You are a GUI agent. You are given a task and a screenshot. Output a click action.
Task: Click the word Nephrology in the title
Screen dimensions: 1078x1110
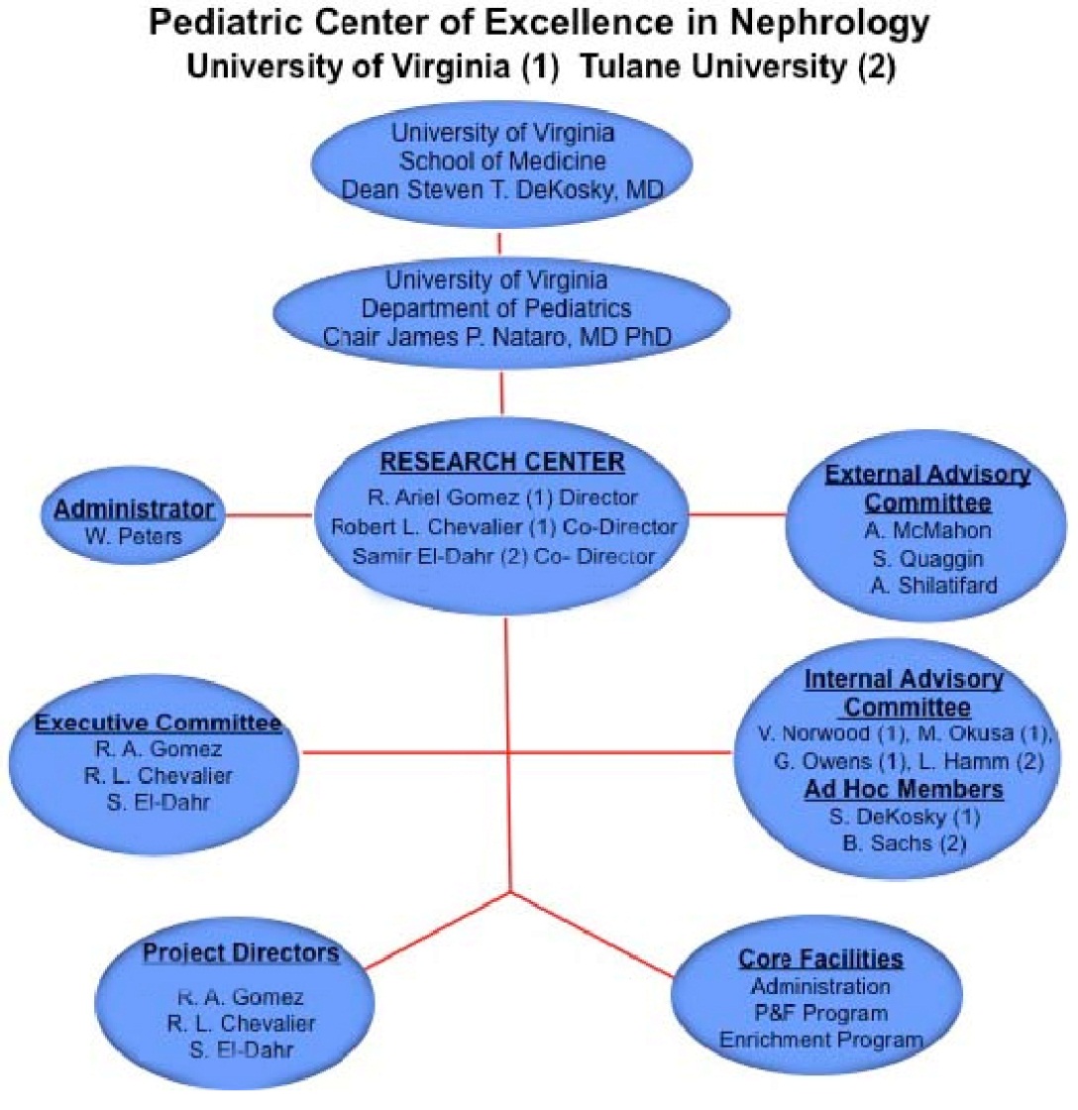pyautogui.click(x=829, y=24)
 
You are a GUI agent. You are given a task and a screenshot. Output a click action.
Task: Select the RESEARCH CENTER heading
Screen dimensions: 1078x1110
pyautogui.click(x=502, y=462)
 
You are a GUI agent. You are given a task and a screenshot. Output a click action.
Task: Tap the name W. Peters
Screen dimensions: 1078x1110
pyautogui.click(x=133, y=536)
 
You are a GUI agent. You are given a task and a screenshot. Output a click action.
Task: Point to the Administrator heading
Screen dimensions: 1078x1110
pyautogui.click(x=134, y=509)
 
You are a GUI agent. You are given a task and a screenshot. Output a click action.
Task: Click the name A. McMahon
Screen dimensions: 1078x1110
pyautogui.click(x=928, y=530)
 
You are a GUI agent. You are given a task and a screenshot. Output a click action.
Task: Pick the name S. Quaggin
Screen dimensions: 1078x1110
pyautogui.click(x=928, y=559)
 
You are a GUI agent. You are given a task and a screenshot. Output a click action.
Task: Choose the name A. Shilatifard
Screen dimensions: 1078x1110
pyautogui.click(x=933, y=586)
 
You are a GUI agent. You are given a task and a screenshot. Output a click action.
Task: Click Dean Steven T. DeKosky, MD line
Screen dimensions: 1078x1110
pyautogui.click(x=502, y=189)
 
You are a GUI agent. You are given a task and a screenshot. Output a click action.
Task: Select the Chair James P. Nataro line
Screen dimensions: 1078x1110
pyautogui.click(x=496, y=336)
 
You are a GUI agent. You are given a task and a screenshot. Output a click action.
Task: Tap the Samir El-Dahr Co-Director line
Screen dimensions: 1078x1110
pyautogui.click(x=503, y=556)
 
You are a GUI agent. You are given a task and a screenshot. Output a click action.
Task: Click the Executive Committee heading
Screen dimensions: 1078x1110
pyautogui.click(x=158, y=722)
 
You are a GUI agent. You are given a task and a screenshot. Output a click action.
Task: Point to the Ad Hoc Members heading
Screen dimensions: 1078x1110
pyautogui.click(x=904, y=789)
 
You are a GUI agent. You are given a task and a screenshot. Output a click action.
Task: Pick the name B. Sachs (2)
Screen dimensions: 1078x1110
pyautogui.click(x=904, y=843)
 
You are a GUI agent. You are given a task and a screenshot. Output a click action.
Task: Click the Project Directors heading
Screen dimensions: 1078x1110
pyautogui.click(x=241, y=952)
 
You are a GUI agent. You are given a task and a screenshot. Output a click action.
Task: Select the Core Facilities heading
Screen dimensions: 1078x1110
pyautogui.click(x=821, y=958)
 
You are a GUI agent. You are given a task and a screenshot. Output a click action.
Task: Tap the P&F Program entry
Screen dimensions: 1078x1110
pyautogui.click(x=821, y=1013)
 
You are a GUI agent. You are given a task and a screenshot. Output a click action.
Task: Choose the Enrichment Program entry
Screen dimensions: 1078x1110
pyautogui.click(x=821, y=1040)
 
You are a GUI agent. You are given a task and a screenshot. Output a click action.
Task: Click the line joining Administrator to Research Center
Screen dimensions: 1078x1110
pyautogui.click(x=269, y=514)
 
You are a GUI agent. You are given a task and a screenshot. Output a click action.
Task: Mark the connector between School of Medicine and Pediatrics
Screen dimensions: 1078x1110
pyautogui.click(x=499, y=244)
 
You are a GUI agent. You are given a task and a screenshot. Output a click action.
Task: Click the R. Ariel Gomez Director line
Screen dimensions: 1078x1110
pyautogui.click(x=502, y=497)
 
